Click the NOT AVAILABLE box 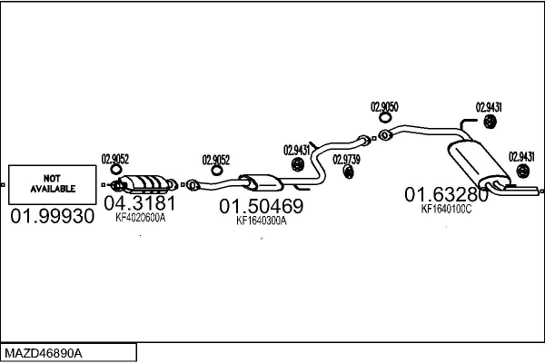pos(51,185)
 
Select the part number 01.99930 pos(52,218)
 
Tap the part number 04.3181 pos(138,202)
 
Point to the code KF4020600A pos(140,218)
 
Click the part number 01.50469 pos(261,206)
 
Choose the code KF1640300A pos(261,221)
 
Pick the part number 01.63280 pos(446,194)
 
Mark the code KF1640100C pos(446,209)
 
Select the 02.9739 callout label pos(346,159)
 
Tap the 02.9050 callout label pos(384,107)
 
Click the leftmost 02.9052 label pos(114,156)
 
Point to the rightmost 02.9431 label pos(521,156)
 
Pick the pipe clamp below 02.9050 pos(384,136)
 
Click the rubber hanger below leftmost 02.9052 pos(115,170)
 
